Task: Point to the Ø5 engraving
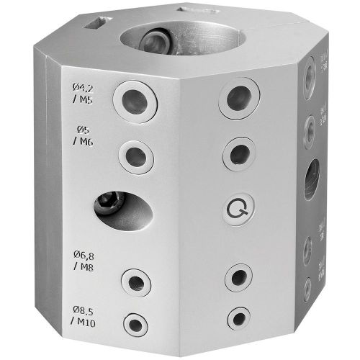(x=80, y=130)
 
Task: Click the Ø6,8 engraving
(x=84, y=253)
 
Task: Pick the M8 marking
(x=86, y=266)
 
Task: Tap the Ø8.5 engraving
(x=84, y=309)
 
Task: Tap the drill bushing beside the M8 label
(x=136, y=279)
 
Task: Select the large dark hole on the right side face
(x=312, y=180)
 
